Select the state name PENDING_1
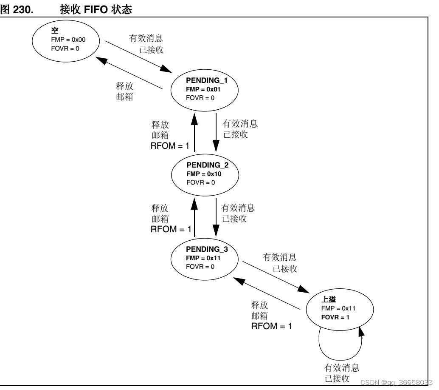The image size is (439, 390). pyautogui.click(x=204, y=81)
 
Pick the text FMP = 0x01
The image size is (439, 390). pyautogui.click(x=204, y=89)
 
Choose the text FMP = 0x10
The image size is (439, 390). pyautogui.click(x=204, y=174)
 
